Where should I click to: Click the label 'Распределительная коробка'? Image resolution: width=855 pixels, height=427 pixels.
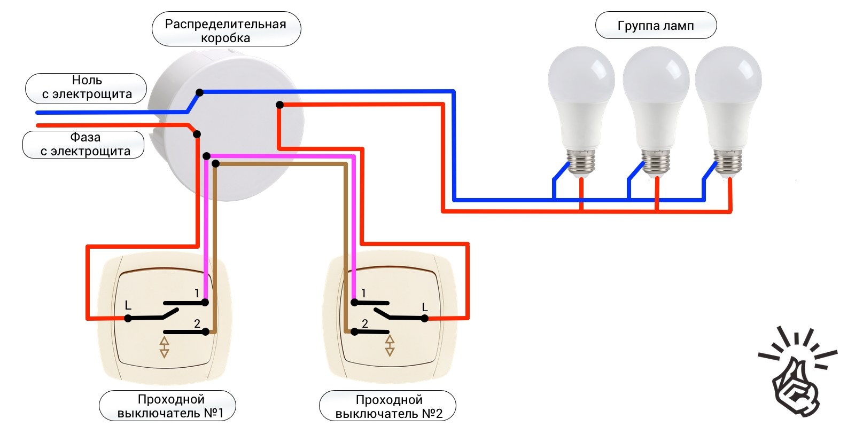click(x=226, y=30)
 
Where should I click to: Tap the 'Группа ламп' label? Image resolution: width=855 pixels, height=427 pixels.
click(x=656, y=26)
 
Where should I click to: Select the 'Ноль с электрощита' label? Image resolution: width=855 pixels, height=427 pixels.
click(x=87, y=88)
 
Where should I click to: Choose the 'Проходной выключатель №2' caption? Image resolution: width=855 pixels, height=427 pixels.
click(x=388, y=407)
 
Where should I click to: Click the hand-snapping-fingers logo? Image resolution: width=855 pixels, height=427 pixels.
click(x=796, y=374)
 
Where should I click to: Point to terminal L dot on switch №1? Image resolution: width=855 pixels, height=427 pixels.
click(x=128, y=318)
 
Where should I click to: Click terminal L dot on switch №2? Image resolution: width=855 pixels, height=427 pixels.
click(x=424, y=319)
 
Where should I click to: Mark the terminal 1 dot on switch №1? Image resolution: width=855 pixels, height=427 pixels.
click(x=205, y=303)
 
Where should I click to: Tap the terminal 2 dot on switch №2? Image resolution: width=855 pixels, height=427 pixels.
click(x=354, y=332)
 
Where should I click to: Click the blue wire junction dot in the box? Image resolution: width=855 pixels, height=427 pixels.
click(x=199, y=92)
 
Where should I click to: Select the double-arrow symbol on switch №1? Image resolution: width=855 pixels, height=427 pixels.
click(x=165, y=346)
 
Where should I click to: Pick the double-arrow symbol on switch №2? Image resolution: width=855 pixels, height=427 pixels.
click(x=390, y=345)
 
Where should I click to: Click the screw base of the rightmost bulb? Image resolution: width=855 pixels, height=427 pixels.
click(x=728, y=162)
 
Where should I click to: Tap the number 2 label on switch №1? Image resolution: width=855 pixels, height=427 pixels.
click(x=197, y=323)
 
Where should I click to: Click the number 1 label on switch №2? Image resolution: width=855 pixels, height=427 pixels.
click(x=364, y=293)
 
